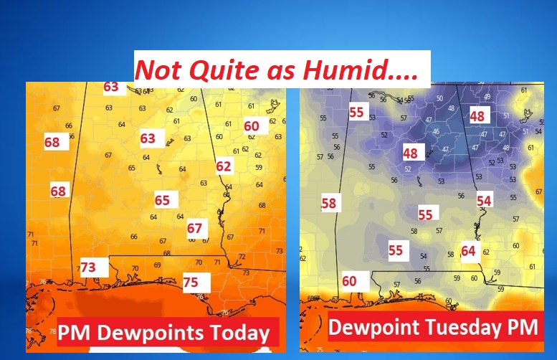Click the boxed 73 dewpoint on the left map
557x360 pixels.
88,267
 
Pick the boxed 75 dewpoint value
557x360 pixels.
191,282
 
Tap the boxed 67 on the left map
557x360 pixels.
194,228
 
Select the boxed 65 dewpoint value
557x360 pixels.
162,200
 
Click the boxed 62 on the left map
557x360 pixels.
224,167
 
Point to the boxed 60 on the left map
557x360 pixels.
251,125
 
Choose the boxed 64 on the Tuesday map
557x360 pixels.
468,251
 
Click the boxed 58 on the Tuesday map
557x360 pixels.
328,203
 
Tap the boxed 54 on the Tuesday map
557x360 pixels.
484,201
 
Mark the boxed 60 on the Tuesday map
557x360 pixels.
349,281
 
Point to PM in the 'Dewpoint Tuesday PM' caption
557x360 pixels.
521,328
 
